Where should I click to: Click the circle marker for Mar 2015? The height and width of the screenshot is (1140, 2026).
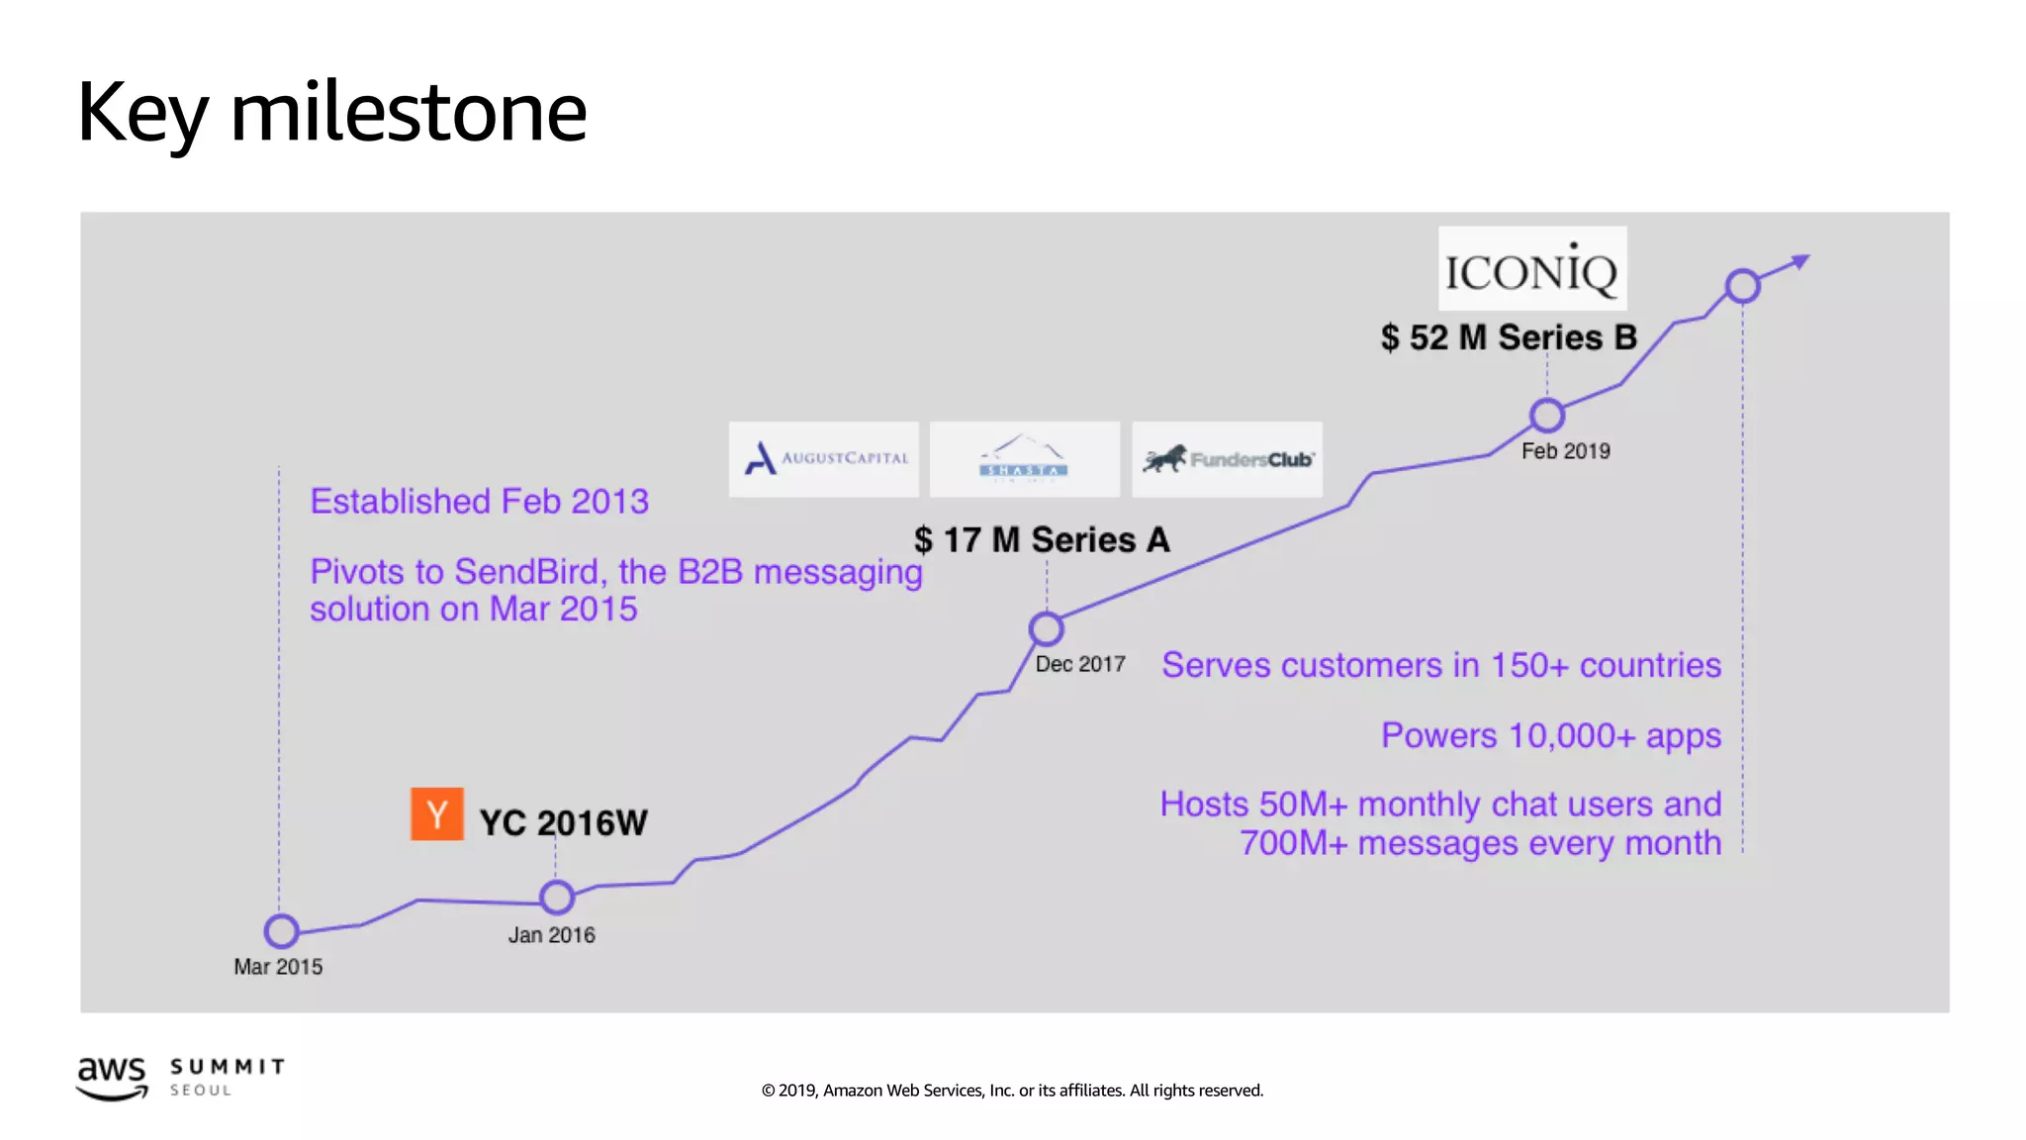(282, 931)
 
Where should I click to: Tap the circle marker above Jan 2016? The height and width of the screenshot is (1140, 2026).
(557, 898)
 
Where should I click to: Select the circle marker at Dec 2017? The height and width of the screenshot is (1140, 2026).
(1046, 628)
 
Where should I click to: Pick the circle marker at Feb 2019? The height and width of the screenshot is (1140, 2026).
(1547, 416)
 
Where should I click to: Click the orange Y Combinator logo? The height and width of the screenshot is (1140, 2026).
(436, 814)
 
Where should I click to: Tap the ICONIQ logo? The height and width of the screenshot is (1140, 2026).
(1531, 269)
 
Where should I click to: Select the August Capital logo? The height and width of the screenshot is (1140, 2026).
(824, 459)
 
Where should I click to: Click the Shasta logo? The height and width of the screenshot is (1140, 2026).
(1024, 459)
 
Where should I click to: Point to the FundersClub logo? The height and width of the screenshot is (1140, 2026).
(1227, 459)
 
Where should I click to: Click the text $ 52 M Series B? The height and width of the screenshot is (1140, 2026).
(1509, 337)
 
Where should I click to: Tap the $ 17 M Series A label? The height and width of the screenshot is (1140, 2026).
(1042, 540)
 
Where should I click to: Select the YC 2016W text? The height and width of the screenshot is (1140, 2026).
(563, 822)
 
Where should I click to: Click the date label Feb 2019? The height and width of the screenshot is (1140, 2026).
(1565, 451)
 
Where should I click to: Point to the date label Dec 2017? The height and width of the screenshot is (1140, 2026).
(1080, 664)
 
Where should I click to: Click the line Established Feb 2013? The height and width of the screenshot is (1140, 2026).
(480, 502)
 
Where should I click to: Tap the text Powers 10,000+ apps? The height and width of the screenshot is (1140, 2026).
(1550, 736)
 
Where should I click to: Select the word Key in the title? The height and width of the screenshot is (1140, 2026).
(142, 114)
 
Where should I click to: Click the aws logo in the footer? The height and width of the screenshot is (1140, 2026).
(112, 1077)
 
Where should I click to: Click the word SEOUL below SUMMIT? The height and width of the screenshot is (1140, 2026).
(201, 1091)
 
